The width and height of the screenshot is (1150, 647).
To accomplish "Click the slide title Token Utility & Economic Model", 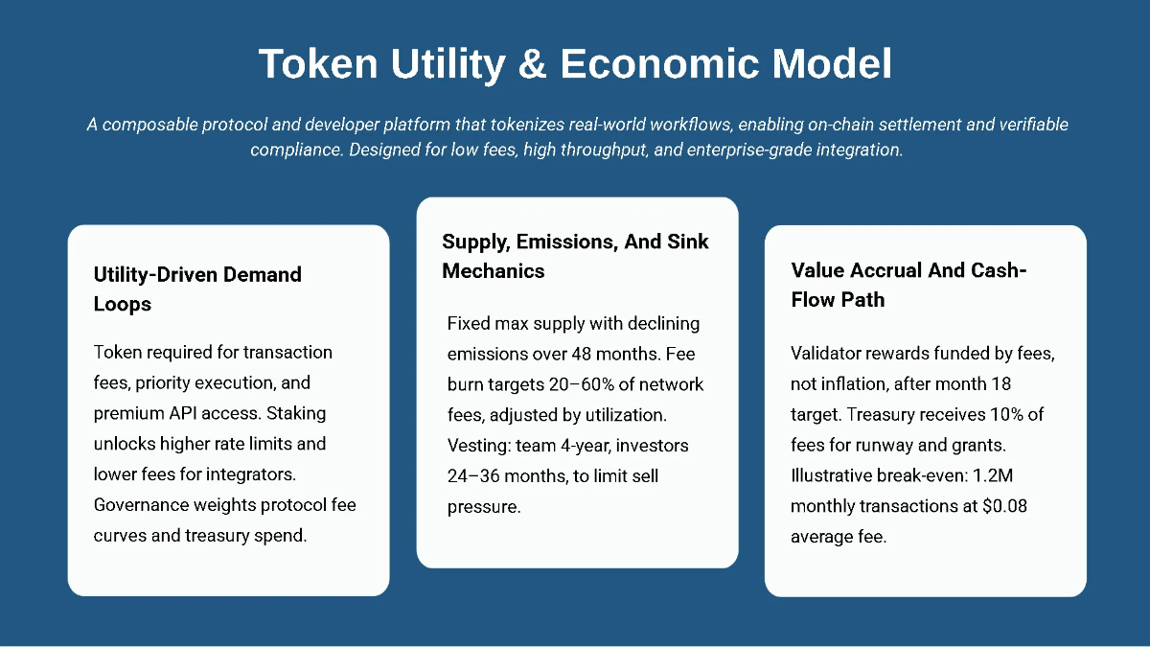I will pyautogui.click(x=575, y=63).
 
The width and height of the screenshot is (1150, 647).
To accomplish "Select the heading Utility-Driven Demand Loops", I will pyautogui.click(x=197, y=289).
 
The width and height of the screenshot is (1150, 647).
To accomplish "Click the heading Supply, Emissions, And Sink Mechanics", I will pyautogui.click(x=575, y=256).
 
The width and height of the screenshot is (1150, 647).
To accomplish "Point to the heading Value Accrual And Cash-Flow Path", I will pyautogui.click(x=908, y=285).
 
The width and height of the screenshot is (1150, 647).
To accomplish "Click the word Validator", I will pyautogui.click(x=826, y=354).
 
